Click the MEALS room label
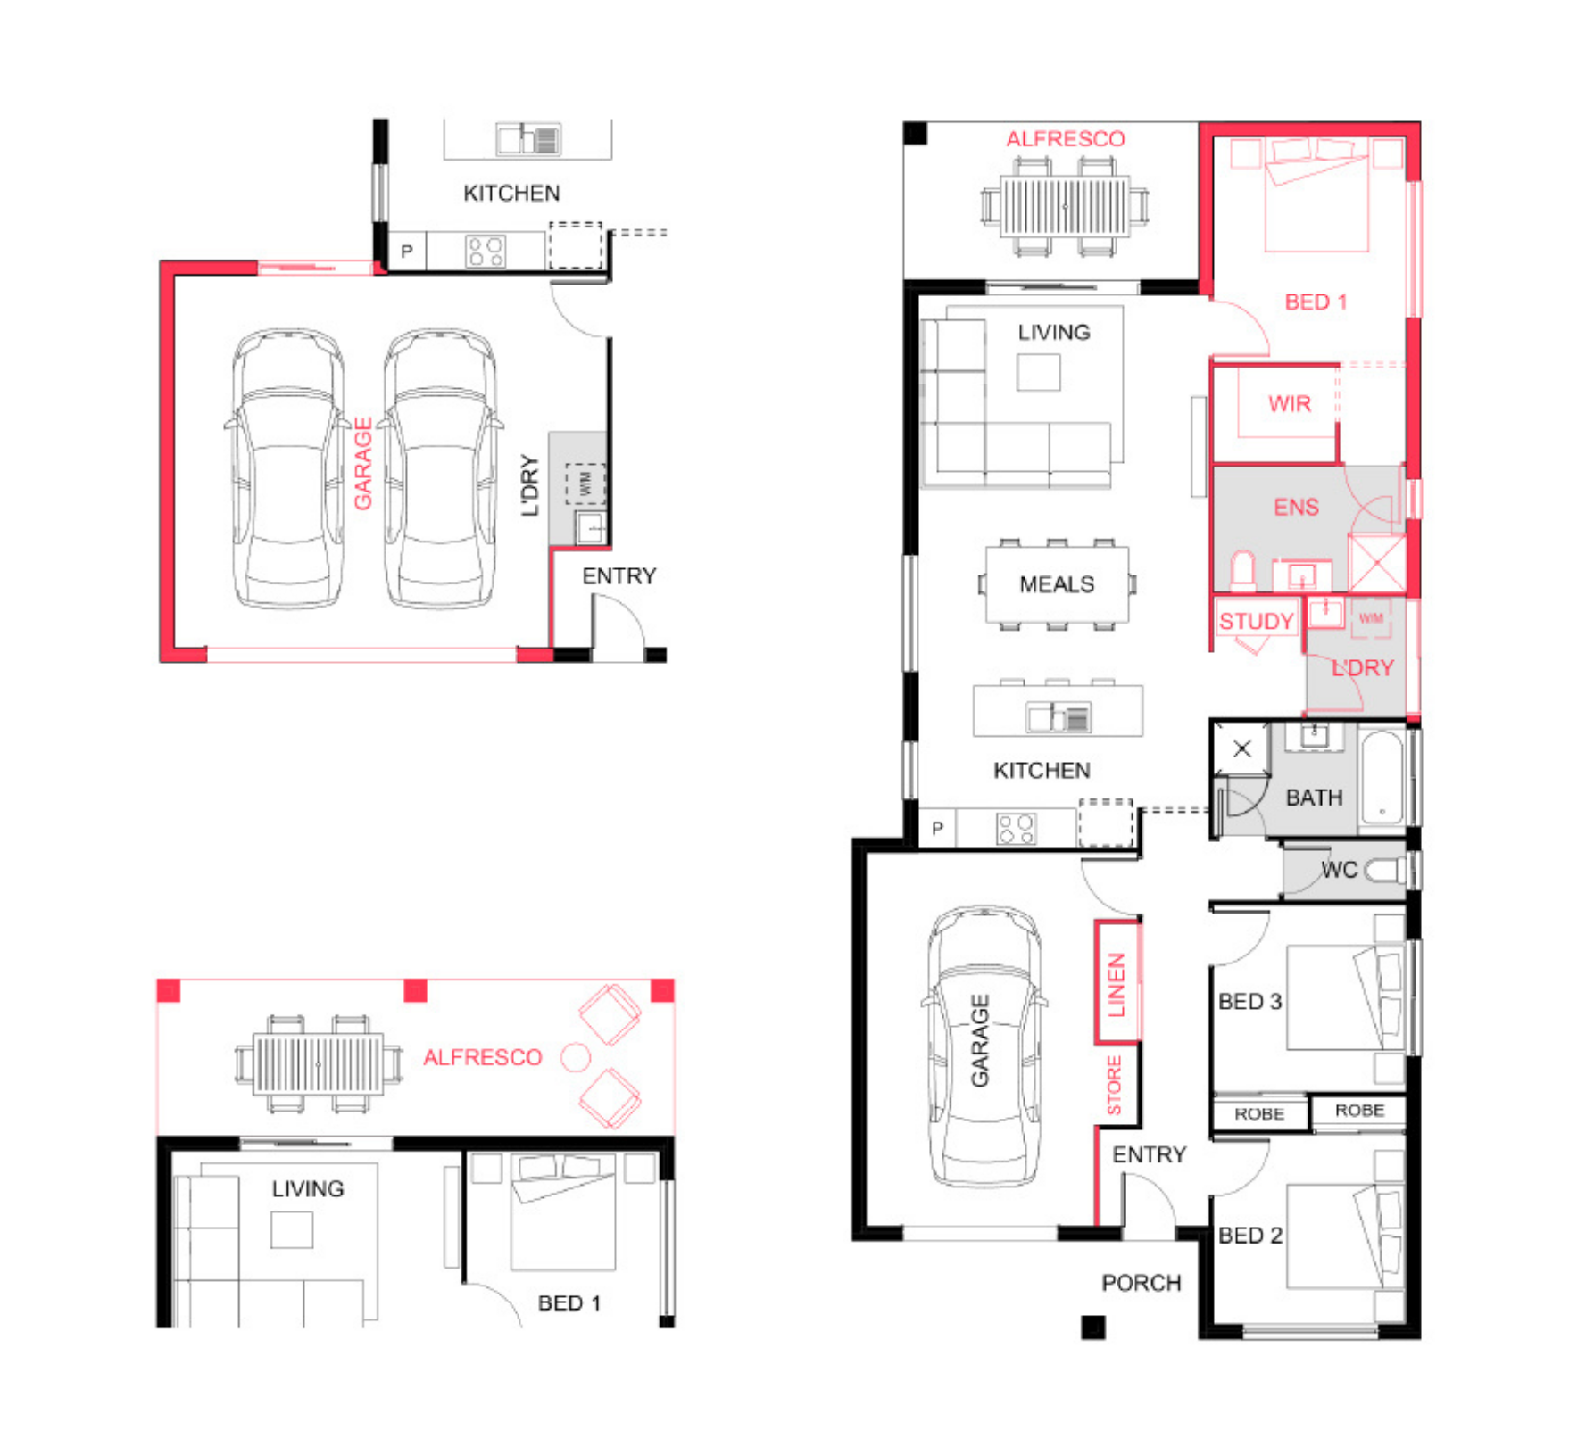pyautogui.click(x=1057, y=584)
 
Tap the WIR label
pyautogui.click(x=1290, y=404)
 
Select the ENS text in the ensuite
pyautogui.click(x=1296, y=508)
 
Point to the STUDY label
pyautogui.click(x=1257, y=622)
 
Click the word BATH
pyautogui.click(x=1314, y=798)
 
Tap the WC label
pyautogui.click(x=1339, y=870)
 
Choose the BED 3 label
pyautogui.click(x=1249, y=1002)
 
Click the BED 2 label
pyautogui.click(x=1249, y=1236)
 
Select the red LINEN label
pyautogui.click(x=1117, y=985)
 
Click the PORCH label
pyautogui.click(x=1141, y=1283)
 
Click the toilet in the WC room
pyautogui.click(x=1385, y=870)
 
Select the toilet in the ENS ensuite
pyautogui.click(x=1243, y=570)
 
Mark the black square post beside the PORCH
pyautogui.click(x=1093, y=1327)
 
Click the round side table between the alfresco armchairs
pyautogui.click(x=576, y=1058)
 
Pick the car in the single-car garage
pyautogui.click(x=984, y=1046)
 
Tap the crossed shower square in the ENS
pyautogui.click(x=1377, y=563)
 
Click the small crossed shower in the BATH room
pyautogui.click(x=1241, y=748)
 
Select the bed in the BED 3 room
pyautogui.click(x=1344, y=997)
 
